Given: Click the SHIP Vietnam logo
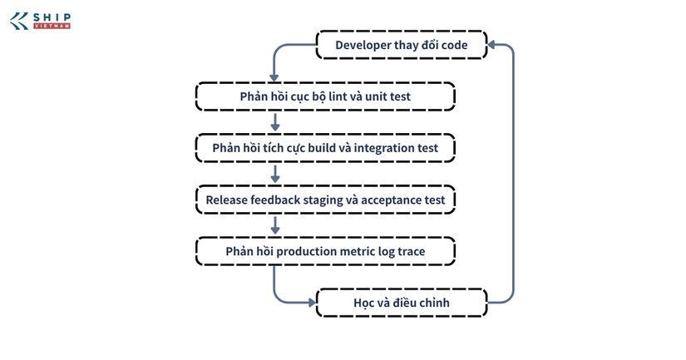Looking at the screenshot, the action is coord(40,21).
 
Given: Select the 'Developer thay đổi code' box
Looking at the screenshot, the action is coord(402,45).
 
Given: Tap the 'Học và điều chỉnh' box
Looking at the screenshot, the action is coord(402,303).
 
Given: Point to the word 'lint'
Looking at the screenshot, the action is coord(338,96).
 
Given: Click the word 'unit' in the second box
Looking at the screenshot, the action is coord(373,96).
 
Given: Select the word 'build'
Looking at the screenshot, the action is coord(322,148).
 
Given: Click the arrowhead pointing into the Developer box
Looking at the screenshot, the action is coord(491,45).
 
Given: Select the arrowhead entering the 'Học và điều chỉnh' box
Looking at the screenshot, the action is coord(312,303).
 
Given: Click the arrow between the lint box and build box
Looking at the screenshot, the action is coord(274,122).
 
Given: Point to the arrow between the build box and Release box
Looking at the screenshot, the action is coord(274,174).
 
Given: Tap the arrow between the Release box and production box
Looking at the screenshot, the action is coord(274,225).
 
